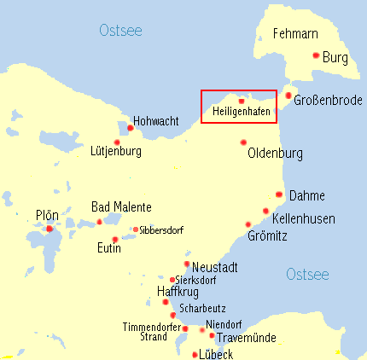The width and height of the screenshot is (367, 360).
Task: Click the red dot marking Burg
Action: pos(316,55)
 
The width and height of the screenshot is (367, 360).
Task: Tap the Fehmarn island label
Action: pos(294,35)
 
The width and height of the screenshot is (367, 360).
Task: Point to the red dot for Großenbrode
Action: pos(288,96)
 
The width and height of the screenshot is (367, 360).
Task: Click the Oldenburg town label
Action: pos(274,154)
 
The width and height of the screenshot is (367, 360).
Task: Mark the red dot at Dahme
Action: pos(279,195)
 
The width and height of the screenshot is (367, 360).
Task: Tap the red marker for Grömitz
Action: pos(248,224)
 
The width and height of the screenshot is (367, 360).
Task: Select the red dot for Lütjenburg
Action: pos(117,142)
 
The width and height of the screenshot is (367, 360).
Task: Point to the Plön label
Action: pos(47,215)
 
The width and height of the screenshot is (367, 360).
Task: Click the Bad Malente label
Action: pos(121,207)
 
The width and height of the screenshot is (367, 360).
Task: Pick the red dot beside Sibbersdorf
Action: pos(136,229)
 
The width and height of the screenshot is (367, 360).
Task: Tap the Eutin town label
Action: pos(109,249)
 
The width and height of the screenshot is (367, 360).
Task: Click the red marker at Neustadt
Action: pos(187,264)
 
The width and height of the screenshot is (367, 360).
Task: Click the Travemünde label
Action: pos(242,338)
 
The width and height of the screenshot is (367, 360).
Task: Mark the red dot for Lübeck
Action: pos(195,354)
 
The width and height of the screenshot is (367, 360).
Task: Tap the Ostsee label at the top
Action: pos(120,31)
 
